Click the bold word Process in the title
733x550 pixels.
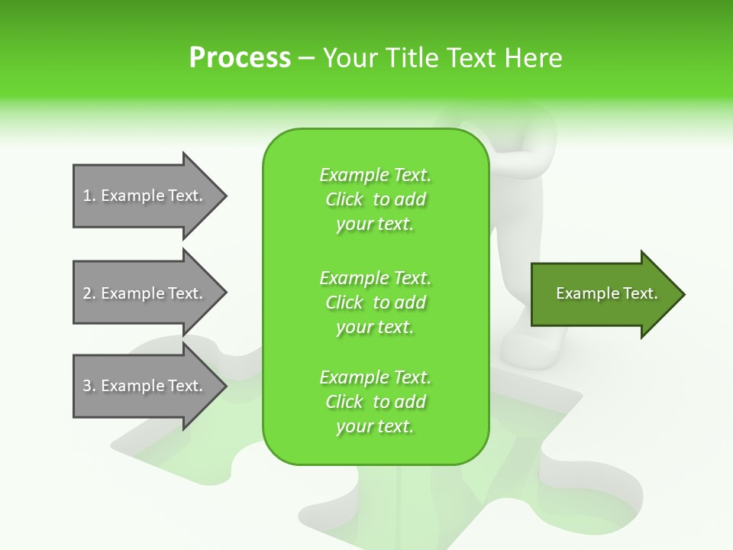click(x=240, y=58)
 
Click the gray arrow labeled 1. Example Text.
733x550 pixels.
click(x=143, y=196)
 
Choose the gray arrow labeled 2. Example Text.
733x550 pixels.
click(x=143, y=293)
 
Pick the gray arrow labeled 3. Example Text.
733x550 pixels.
click(x=143, y=386)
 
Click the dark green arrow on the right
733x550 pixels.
click(x=603, y=294)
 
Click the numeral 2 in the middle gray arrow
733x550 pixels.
click(x=87, y=293)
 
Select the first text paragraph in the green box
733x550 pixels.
click(x=375, y=199)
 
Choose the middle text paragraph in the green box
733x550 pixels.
click(x=375, y=302)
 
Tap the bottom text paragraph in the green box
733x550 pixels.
click(x=375, y=402)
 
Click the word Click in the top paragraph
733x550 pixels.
click(x=344, y=199)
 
